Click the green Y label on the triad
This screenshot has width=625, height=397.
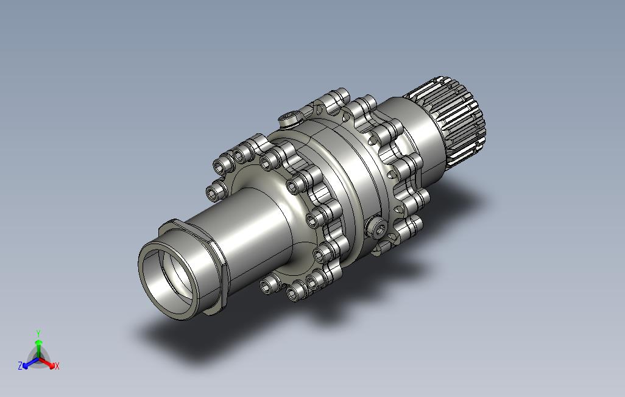point(38,333)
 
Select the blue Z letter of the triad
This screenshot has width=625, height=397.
point(20,366)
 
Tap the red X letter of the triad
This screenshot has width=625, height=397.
point(57,366)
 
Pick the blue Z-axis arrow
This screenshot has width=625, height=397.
point(29,362)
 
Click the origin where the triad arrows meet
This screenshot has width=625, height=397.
point(38,358)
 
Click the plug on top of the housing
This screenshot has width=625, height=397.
point(289,118)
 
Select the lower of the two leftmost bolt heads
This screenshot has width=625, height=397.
point(215,194)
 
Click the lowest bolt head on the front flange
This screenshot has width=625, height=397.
point(295,294)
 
